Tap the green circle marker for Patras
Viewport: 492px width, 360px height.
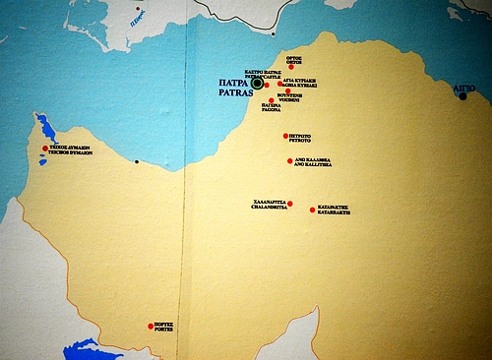(258, 84)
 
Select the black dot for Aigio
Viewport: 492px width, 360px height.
(462, 96)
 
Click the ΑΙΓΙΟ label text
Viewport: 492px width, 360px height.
(463, 87)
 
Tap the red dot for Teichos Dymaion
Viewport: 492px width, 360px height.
(44, 149)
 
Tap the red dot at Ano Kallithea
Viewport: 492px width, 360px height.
(288, 159)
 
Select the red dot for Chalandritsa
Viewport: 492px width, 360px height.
(289, 203)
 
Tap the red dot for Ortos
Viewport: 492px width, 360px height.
(291, 66)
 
